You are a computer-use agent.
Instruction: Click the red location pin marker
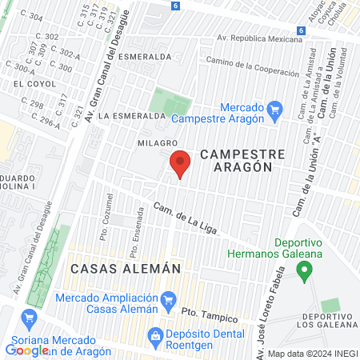[x=180, y=163]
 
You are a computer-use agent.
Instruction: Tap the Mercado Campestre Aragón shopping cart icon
[x=275, y=107]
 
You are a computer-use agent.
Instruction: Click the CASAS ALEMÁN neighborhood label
[x=124, y=270]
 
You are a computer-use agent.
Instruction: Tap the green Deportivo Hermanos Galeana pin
[x=302, y=272]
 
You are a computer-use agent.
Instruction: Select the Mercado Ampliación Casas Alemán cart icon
[x=167, y=302]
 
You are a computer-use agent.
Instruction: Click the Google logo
[x=27, y=350]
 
